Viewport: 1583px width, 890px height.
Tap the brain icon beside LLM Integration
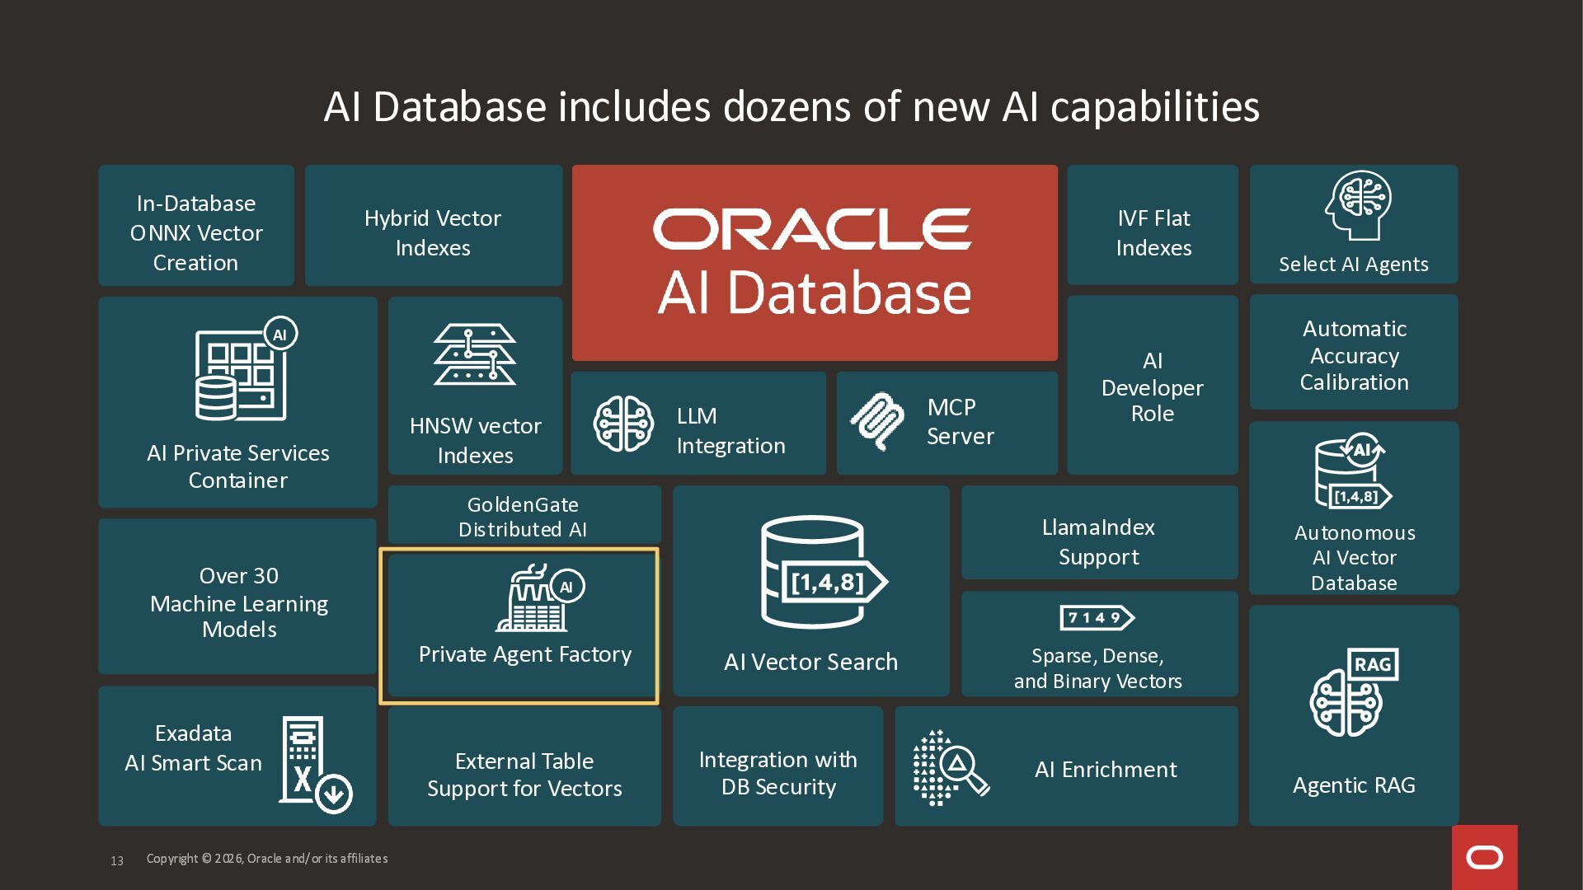pos(623,424)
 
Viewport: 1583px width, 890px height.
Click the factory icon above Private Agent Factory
pos(533,599)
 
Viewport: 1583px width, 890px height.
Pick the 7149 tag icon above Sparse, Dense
pos(1097,617)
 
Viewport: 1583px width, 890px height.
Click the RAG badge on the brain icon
pos(1372,664)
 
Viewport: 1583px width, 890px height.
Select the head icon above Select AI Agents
pos(1357,205)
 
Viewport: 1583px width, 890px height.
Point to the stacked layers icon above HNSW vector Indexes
pos(475,354)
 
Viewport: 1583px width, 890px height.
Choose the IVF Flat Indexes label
pos(1153,232)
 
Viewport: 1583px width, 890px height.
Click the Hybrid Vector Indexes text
pos(433,232)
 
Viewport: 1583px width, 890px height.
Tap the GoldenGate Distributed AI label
pos(523,517)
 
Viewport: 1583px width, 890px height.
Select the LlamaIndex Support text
pos(1098,541)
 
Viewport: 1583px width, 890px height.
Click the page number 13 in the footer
pos(117,860)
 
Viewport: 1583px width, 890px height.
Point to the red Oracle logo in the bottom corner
pos(1484,858)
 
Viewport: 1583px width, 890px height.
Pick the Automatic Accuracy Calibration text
pos(1354,355)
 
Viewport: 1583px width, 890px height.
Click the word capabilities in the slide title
pos(1154,107)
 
